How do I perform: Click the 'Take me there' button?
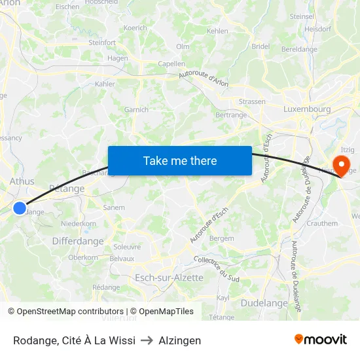tap(180, 160)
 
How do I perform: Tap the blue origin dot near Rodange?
tap(20, 208)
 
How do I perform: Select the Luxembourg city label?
tap(307, 109)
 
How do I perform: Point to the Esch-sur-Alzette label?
tap(169, 278)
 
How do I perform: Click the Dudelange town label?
tap(264, 303)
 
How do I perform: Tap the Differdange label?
tap(78, 241)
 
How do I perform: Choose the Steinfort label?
tap(101, 43)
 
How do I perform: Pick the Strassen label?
tap(252, 101)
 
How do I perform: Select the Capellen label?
tap(171, 64)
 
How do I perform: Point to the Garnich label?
tap(136, 109)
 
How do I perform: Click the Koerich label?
tap(135, 28)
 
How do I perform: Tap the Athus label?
tap(22, 181)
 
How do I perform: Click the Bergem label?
tap(222, 239)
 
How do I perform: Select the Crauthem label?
tap(323, 223)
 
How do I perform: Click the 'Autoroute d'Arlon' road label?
tap(205, 80)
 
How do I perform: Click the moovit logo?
tap(320, 340)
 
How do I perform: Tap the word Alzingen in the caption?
tap(180, 340)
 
